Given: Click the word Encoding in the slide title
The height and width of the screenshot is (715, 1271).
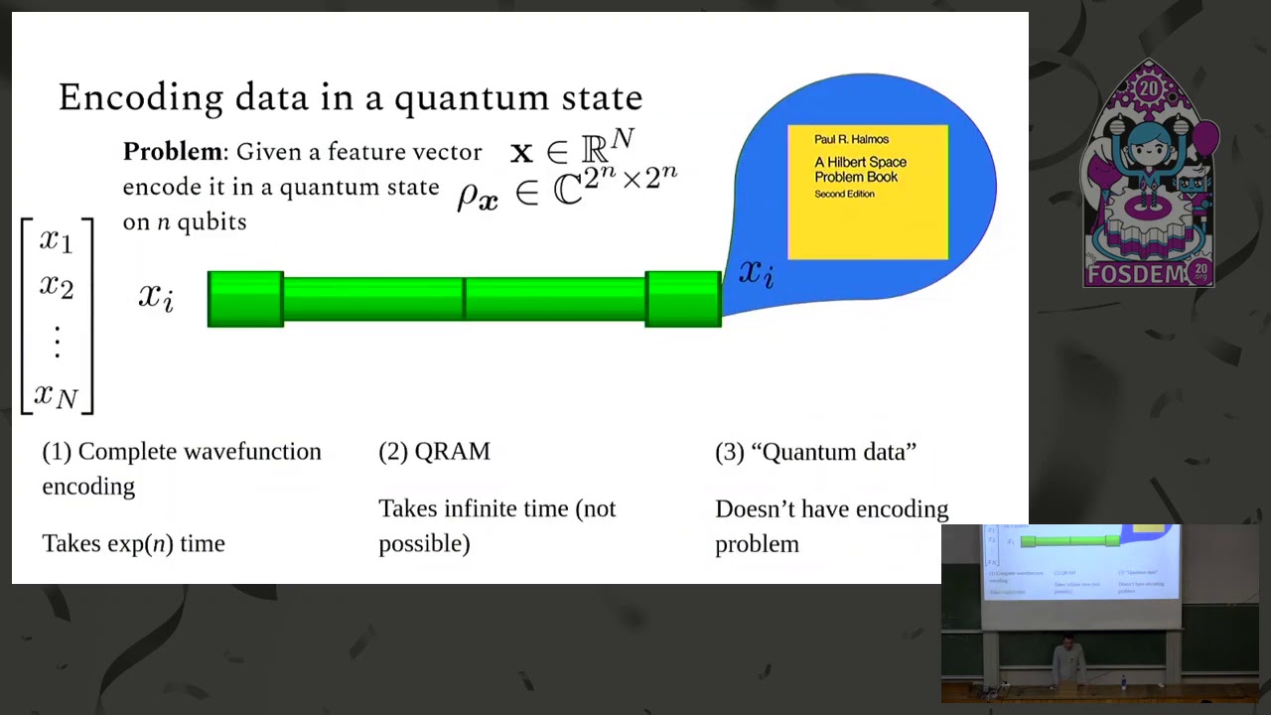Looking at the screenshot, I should point(141,98).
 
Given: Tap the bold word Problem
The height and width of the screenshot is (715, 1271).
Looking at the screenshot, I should point(173,152).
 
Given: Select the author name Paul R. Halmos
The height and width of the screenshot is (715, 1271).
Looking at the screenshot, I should point(851,139).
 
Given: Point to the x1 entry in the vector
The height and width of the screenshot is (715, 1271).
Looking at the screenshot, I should point(57,240).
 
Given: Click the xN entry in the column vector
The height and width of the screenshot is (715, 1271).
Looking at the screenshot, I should point(56,395).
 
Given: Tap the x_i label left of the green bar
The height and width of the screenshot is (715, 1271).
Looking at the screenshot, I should point(156,296).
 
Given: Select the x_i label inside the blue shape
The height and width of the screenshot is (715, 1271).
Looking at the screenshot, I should point(756,272).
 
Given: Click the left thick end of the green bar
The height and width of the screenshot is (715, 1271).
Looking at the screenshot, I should point(245,299).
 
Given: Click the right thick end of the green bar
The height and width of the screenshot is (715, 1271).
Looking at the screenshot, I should point(683,299).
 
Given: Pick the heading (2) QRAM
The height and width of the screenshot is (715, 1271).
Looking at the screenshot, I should point(434,452).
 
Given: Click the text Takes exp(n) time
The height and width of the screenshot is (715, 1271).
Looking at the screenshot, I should point(133,544).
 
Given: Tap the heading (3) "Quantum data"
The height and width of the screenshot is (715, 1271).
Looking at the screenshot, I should point(815,452).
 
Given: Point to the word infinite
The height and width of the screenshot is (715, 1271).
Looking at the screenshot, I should point(483,509).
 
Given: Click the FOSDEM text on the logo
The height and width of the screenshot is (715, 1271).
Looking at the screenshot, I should point(1135,274).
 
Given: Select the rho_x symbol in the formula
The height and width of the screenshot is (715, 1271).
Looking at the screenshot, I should point(477,196).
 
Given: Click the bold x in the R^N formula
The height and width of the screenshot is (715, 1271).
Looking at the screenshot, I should point(521,153).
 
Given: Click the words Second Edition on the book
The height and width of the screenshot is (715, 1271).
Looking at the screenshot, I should point(844,195).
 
